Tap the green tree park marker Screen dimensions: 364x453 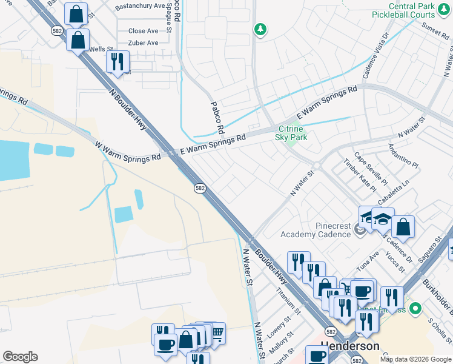(x=260, y=30)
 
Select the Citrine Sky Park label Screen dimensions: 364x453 (x=292, y=133)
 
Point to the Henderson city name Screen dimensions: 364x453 (x=350, y=346)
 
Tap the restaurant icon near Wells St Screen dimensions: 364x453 (x=117, y=61)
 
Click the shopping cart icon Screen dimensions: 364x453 (x=216, y=332)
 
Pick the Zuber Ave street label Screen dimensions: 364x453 (x=143, y=43)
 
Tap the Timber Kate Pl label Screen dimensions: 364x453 (x=360, y=175)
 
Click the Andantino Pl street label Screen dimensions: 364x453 (x=403, y=155)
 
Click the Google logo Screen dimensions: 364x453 (x=20, y=357)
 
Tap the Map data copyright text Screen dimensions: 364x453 (x=415, y=359)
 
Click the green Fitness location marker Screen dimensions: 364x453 (x=415, y=309)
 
